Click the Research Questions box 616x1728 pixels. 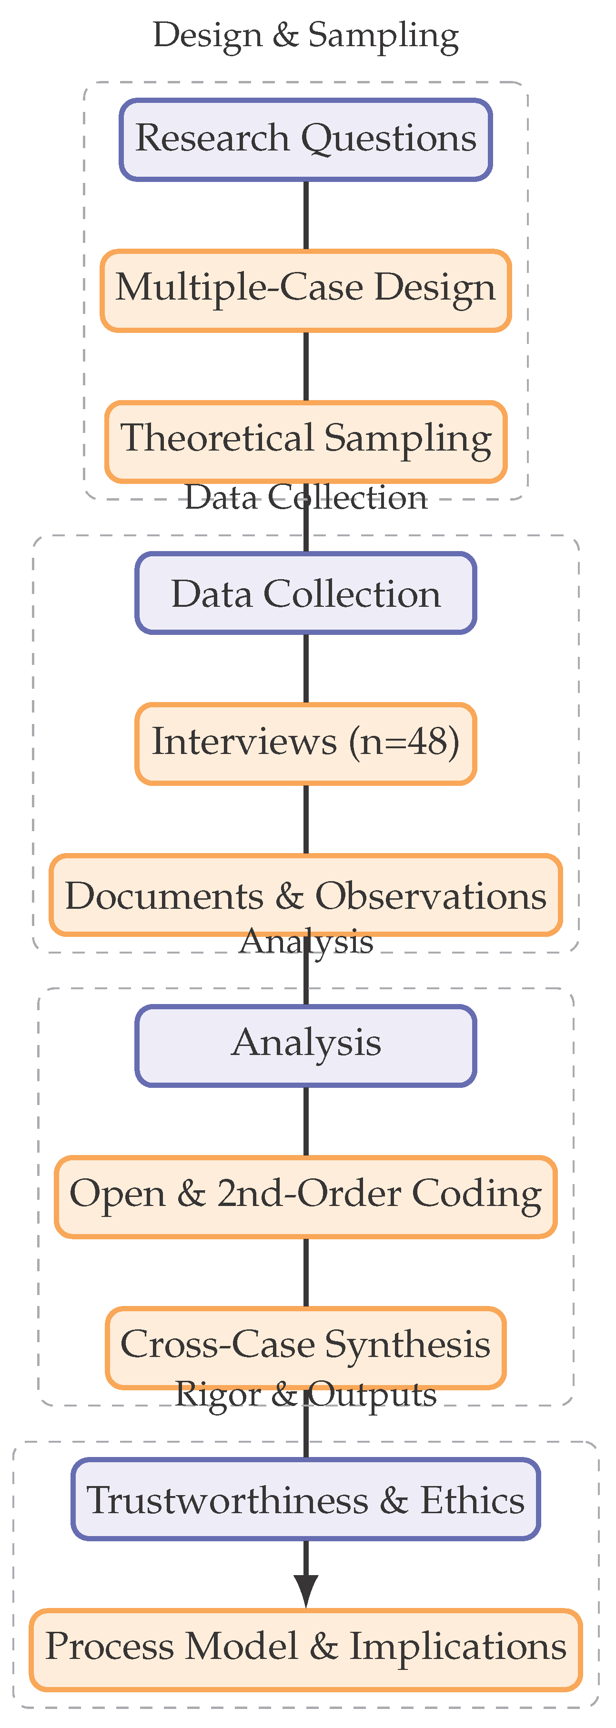(x=306, y=140)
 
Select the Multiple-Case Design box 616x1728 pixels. (x=306, y=291)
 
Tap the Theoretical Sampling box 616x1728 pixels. (x=306, y=442)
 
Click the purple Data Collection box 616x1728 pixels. (x=306, y=593)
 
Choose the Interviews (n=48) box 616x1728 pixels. (x=306, y=743)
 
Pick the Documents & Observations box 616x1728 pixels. (x=306, y=895)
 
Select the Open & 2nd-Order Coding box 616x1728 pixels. (x=306, y=1197)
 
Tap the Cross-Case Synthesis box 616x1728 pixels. (x=306, y=1347)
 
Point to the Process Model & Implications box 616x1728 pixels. (x=306, y=1650)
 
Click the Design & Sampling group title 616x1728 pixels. (x=306, y=35)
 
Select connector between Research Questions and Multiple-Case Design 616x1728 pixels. (x=306, y=215)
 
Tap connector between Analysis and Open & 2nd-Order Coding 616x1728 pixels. (x=306, y=1121)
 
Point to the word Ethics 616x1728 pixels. (x=473, y=1500)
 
